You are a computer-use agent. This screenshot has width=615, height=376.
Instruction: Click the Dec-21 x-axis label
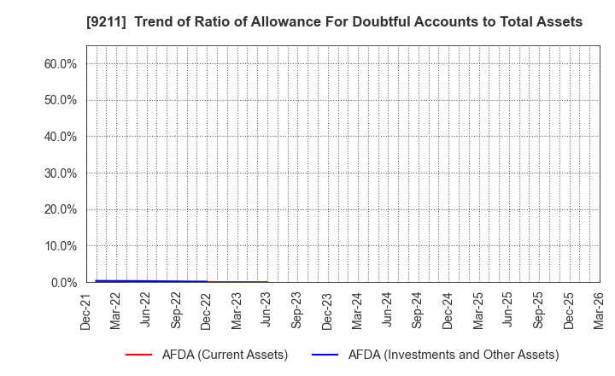[x=87, y=310]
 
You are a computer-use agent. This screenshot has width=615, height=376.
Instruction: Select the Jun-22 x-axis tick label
[x=147, y=310]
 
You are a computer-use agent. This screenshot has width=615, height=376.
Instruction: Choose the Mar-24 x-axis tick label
[x=358, y=310]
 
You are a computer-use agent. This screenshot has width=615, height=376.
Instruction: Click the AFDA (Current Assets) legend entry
[x=224, y=355]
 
